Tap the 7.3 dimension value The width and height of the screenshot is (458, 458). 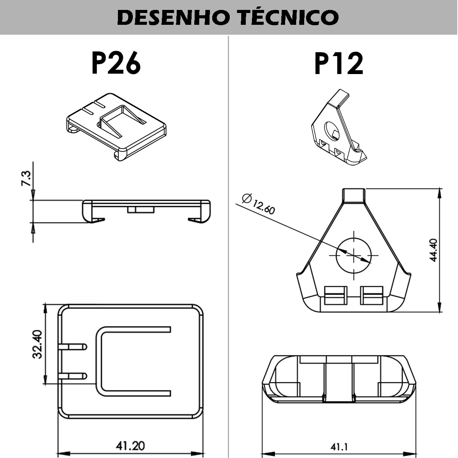pos(26,178)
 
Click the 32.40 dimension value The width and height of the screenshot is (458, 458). pos(37,344)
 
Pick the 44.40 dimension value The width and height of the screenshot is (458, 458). pos(434,250)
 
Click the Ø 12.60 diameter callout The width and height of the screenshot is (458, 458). pos(258,204)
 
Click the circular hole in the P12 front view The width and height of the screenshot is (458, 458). pos(353,255)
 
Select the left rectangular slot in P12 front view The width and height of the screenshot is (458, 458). pos(335,295)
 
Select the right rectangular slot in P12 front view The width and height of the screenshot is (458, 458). pos(371,295)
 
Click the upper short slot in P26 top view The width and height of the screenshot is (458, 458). pos(73,347)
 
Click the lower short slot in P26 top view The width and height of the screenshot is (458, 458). pos(73,376)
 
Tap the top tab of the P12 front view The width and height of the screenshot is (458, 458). pos(353,196)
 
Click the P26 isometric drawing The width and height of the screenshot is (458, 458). pos(116,127)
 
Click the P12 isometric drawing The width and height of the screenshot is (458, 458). pos(339,127)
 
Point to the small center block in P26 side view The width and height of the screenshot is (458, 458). pos(141,210)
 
